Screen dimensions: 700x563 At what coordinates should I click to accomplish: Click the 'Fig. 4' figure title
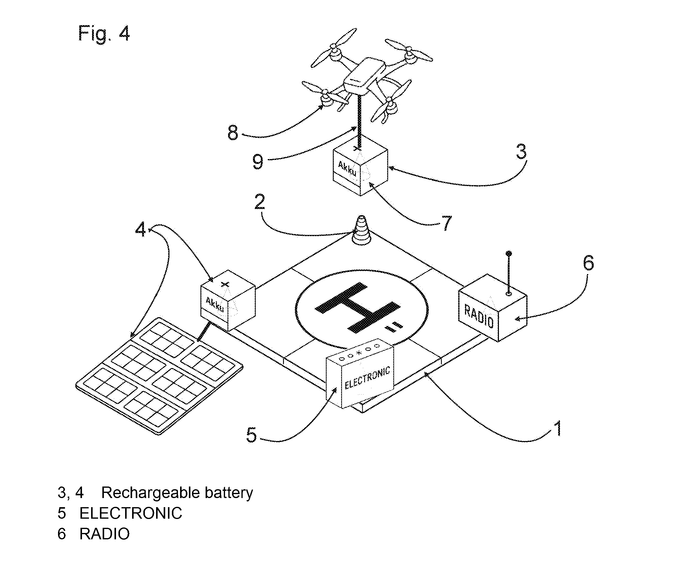[104, 33]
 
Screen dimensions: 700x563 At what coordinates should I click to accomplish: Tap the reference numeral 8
[233, 133]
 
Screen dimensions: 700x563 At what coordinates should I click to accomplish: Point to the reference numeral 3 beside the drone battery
[521, 151]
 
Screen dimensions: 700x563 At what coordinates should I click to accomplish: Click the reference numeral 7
[447, 223]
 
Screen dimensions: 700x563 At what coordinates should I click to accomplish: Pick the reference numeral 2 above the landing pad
[259, 202]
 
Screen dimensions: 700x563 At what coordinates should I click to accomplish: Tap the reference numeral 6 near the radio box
[588, 263]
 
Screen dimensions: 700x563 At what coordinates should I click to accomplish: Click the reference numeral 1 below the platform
[558, 428]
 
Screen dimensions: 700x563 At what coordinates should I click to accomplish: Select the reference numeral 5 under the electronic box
[251, 435]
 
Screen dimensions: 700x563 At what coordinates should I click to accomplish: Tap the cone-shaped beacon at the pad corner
[361, 230]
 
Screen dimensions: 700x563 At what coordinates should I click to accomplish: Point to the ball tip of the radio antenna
[509, 253]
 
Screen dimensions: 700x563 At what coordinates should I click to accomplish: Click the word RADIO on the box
[479, 316]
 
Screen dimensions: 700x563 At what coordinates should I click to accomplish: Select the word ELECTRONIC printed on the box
[367, 378]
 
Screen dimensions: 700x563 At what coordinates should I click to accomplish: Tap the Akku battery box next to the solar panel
[228, 300]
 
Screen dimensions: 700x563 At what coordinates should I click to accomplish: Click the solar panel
[159, 376]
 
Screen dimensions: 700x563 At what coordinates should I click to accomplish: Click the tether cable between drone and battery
[360, 120]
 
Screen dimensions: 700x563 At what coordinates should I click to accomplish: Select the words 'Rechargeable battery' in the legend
[177, 493]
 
